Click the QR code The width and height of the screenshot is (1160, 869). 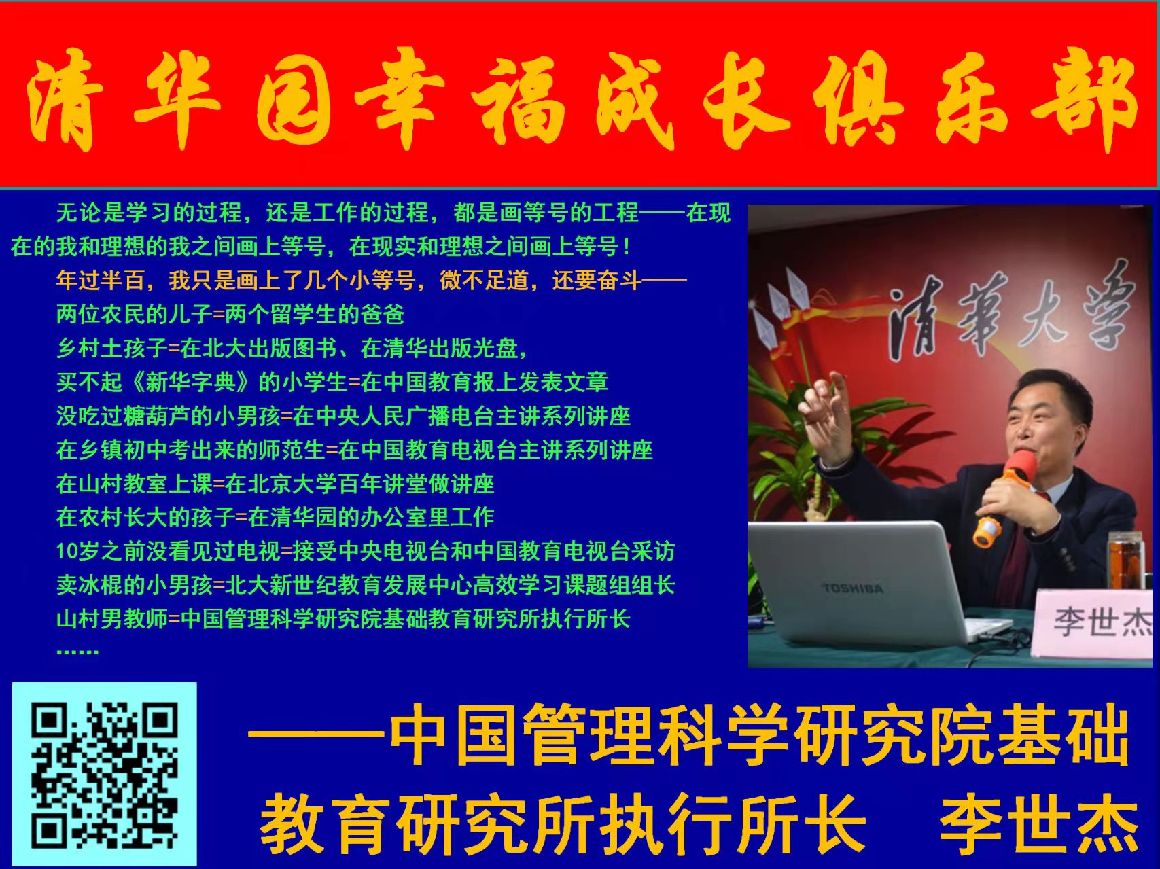point(104,774)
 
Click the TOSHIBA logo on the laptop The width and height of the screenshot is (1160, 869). point(853,588)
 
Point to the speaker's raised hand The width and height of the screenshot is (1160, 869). point(828,408)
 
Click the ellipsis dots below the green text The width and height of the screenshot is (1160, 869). point(77,651)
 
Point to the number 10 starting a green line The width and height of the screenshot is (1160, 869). point(67,551)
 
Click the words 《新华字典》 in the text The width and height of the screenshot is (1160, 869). point(190,382)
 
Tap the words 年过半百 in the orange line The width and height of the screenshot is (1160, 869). point(101,280)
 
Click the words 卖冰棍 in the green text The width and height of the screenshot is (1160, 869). point(90,585)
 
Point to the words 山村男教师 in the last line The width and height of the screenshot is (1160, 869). point(112,619)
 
